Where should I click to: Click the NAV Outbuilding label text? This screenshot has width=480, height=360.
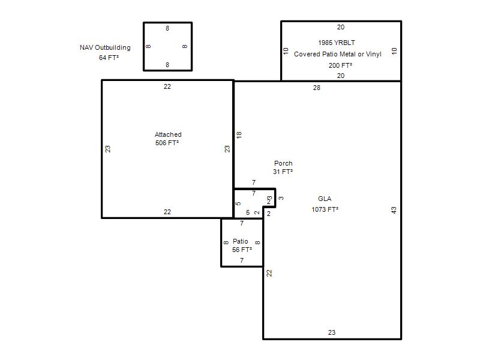105,47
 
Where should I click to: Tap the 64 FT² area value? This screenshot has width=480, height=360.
109,58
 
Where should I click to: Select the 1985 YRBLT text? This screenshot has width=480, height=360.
337,43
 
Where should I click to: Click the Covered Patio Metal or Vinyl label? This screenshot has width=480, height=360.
338,54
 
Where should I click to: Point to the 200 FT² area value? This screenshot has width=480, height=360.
340,65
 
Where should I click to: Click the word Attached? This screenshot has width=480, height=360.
168,134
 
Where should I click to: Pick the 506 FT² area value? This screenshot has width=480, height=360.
167,143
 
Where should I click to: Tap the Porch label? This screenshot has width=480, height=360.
283,163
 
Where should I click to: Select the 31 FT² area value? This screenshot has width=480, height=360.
283,172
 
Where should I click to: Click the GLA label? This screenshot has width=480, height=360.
325,199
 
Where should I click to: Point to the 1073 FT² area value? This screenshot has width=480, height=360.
325,209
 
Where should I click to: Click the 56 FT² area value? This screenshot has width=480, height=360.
242,250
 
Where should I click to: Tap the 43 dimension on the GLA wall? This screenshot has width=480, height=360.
394,211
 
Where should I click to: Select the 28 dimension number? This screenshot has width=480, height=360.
317,88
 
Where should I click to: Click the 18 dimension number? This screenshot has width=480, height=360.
239,134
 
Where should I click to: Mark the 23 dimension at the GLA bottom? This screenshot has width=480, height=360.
332,332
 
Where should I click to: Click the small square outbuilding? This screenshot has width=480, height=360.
143,47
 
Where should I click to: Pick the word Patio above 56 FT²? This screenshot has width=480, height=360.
241,241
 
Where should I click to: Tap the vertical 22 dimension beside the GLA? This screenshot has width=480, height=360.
269,273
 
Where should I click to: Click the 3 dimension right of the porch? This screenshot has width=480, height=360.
281,199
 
